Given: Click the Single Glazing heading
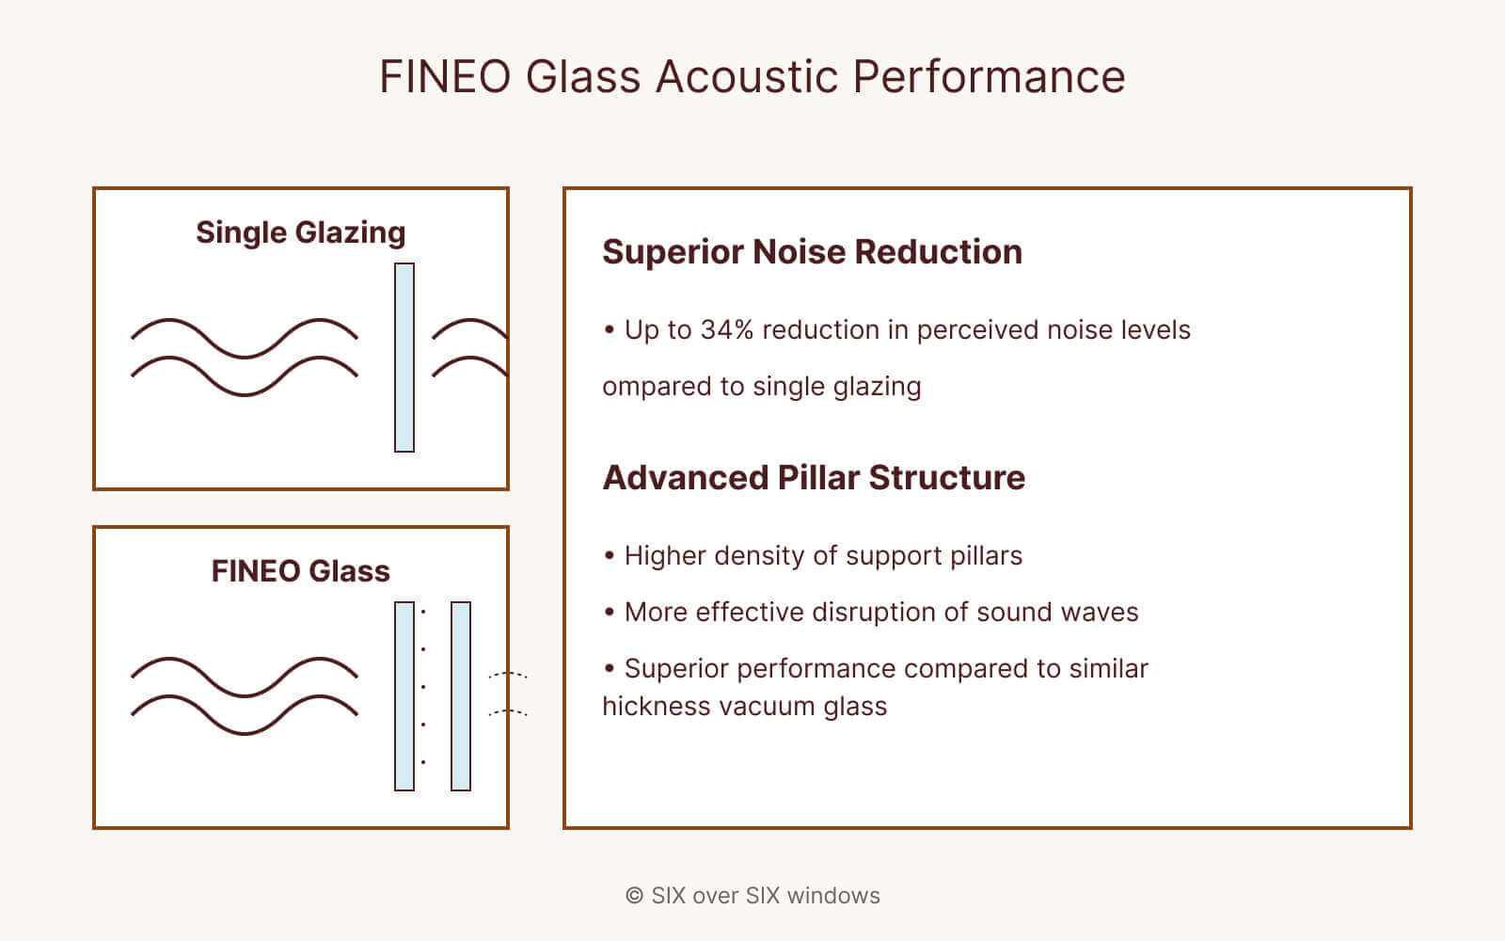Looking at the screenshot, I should click(300, 232).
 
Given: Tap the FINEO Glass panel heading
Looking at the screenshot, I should click(300, 571).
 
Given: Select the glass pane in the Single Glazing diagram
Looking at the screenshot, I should click(404, 358).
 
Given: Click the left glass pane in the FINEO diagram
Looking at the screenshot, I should click(404, 696).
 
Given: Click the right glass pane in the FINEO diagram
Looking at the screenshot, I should click(461, 696).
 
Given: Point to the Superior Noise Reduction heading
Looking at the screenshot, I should click(812, 252).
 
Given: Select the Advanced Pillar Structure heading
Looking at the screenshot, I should click(814, 478).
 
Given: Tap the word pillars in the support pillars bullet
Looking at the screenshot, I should click(986, 556).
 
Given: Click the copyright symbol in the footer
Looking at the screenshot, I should click(634, 896).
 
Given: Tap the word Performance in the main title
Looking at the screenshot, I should click(989, 77).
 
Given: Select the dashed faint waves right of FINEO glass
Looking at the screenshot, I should click(508, 694).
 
